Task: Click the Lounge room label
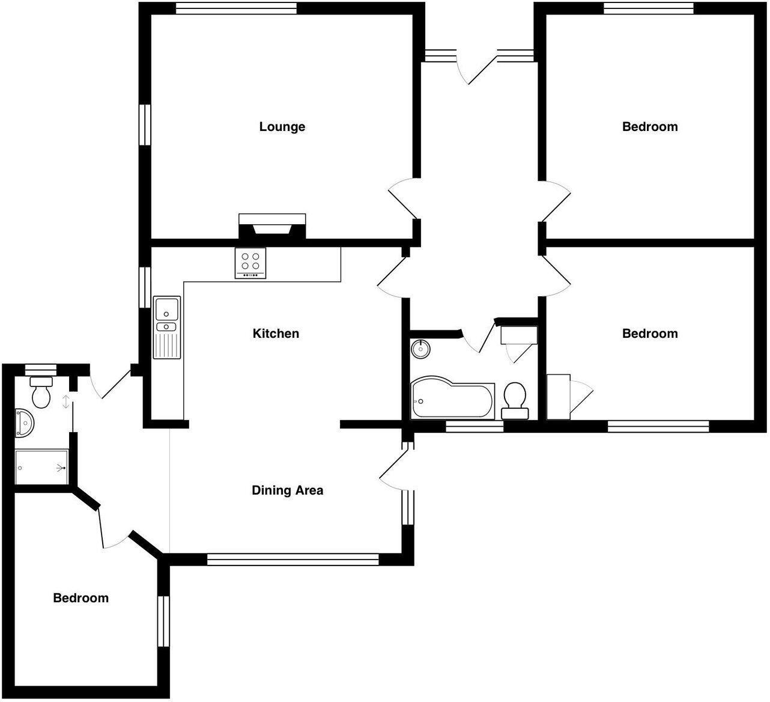coord(282,127)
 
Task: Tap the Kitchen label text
coord(276,334)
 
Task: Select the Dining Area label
coord(287,490)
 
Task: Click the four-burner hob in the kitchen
coord(250,263)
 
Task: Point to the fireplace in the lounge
coord(272,227)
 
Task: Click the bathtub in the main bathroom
coord(452,399)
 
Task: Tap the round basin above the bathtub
coord(422,348)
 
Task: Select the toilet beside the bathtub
coord(515,399)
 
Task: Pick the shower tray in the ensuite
coord(41,467)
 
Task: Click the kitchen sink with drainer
coord(166,327)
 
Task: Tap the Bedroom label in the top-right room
coord(650,127)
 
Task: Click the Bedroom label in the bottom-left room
coord(81,598)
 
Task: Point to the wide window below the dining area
coord(293,560)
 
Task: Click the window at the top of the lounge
coord(236,8)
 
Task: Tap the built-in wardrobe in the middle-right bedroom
coord(559,397)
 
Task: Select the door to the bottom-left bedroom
coord(114,529)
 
